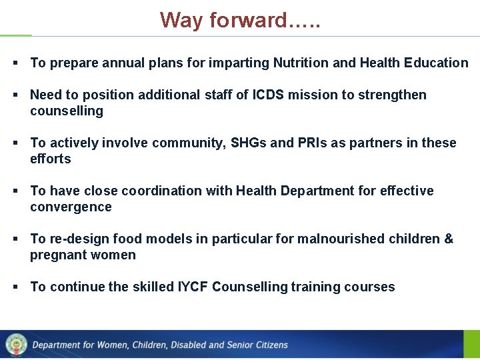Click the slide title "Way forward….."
click(x=240, y=20)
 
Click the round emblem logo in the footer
click(x=15, y=345)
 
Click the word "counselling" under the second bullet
click(x=67, y=111)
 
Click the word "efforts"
click(x=51, y=159)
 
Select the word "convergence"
click(x=71, y=207)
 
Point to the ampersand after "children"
click(x=448, y=239)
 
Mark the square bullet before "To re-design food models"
click(x=15, y=239)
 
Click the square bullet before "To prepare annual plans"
click(x=15, y=63)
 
